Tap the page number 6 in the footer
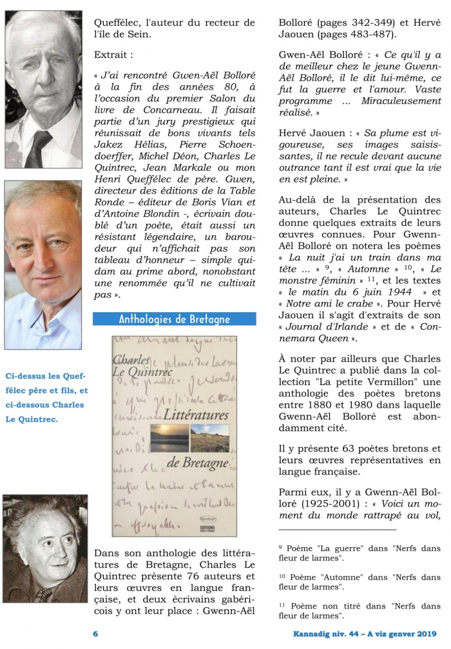click(95, 634)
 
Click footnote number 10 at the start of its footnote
click(282, 574)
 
